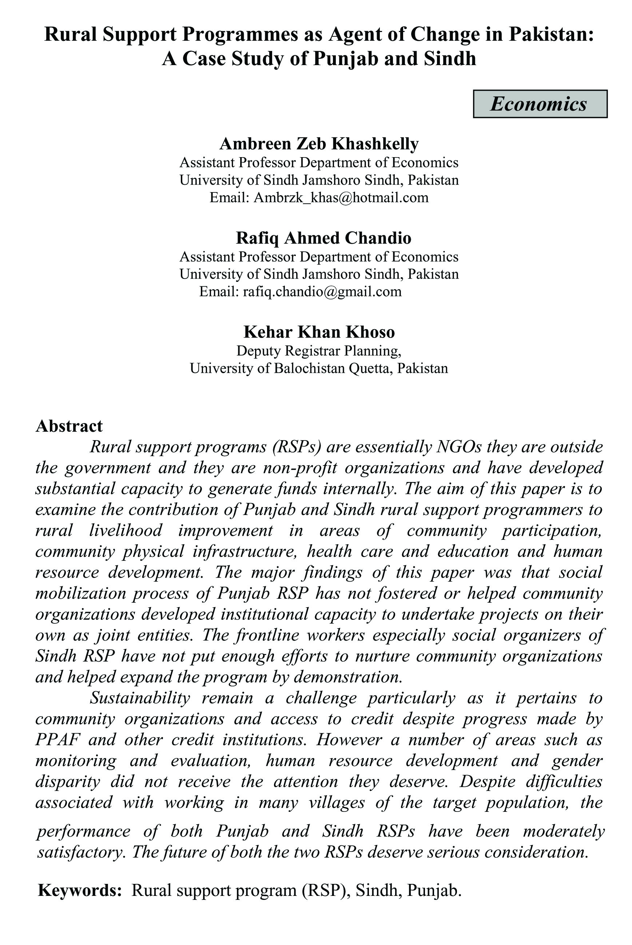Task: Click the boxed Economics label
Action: [x=540, y=104]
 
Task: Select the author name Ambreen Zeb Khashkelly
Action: [x=319, y=143]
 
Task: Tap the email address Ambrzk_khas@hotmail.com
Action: [x=341, y=198]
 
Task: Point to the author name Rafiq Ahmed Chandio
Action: [x=323, y=238]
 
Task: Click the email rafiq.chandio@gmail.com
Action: [x=322, y=291]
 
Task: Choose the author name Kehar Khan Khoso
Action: [x=319, y=332]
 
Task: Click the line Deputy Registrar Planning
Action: [x=318, y=351]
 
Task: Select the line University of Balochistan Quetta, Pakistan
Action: [x=319, y=368]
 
